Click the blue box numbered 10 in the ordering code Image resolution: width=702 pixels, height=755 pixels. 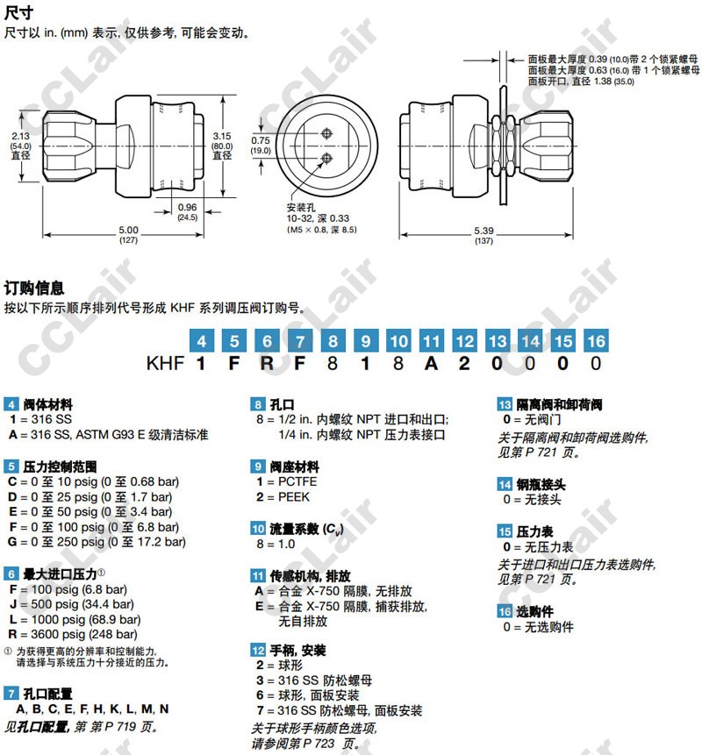click(x=398, y=341)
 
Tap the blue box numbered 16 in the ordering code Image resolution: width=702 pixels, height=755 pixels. click(x=596, y=341)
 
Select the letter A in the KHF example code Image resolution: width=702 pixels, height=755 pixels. click(x=431, y=364)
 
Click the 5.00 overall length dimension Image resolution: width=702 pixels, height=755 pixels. click(x=128, y=234)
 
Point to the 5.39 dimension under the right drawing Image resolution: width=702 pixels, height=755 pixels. click(x=484, y=235)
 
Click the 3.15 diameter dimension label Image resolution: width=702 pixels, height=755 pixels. click(x=222, y=146)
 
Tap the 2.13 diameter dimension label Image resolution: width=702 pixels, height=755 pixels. click(x=20, y=146)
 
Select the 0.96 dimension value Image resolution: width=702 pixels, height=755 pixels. click(x=187, y=211)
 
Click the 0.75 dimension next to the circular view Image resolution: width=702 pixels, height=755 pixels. click(x=260, y=145)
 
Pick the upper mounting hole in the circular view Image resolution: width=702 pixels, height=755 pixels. click(x=326, y=133)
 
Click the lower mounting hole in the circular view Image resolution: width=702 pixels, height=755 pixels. click(x=326, y=158)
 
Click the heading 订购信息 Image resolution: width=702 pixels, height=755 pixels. click(x=34, y=288)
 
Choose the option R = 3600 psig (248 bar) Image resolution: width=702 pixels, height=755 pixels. click(x=73, y=634)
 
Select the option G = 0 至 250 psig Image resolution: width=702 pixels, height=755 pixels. click(x=97, y=542)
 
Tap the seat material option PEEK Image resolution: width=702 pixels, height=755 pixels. click(x=283, y=496)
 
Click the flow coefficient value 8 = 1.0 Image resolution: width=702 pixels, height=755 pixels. click(x=276, y=544)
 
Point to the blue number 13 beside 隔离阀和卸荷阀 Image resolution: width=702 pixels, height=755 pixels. click(x=505, y=404)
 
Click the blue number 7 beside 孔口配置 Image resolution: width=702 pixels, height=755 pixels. click(x=11, y=694)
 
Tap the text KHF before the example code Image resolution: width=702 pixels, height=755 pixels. click(x=165, y=364)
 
